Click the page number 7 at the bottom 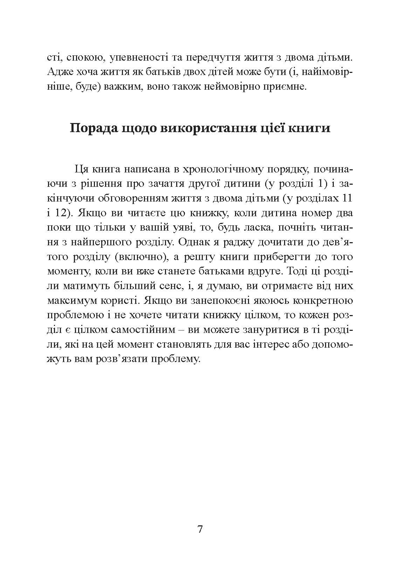[x=200, y=529]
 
